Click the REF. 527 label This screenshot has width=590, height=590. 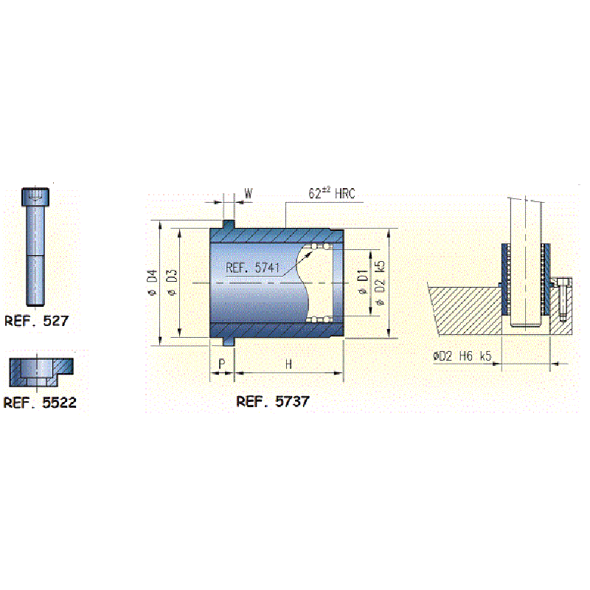(36, 321)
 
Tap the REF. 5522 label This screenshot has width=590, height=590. (40, 403)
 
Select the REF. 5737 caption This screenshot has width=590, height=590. (273, 401)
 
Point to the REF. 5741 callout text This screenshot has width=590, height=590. (252, 268)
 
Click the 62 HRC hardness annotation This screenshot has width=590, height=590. (332, 193)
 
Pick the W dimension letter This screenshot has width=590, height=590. (249, 193)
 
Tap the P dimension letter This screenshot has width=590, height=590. (222, 364)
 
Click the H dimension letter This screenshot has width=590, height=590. (288, 364)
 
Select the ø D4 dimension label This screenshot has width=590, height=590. (152, 282)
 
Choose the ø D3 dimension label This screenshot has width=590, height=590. (172, 282)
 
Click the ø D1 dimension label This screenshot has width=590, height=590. (362, 281)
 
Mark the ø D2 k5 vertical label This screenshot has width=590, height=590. (380, 283)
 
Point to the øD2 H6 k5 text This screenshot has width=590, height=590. (462, 355)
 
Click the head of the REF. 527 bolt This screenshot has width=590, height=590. (35, 197)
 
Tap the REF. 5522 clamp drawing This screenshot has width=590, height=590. (41, 372)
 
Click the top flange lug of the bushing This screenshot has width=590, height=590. (229, 224)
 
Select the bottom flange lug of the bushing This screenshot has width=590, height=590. (229, 341)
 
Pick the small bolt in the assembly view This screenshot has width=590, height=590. (563, 299)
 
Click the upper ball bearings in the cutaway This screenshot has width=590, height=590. (321, 246)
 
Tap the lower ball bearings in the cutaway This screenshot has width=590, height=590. (320, 319)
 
